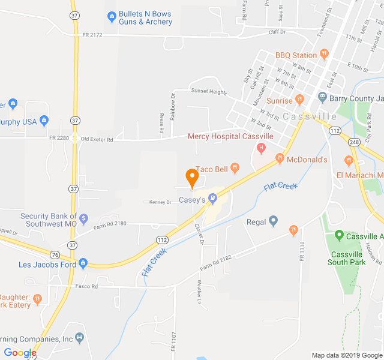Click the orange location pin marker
(192, 178)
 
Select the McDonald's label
(307, 160)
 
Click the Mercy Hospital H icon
(261, 148)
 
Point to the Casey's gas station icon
(212, 199)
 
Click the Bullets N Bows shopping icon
(111, 16)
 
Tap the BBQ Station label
(296, 55)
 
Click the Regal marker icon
(274, 221)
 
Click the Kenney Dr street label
(160, 202)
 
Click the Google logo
(20, 353)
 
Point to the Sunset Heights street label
(209, 92)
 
